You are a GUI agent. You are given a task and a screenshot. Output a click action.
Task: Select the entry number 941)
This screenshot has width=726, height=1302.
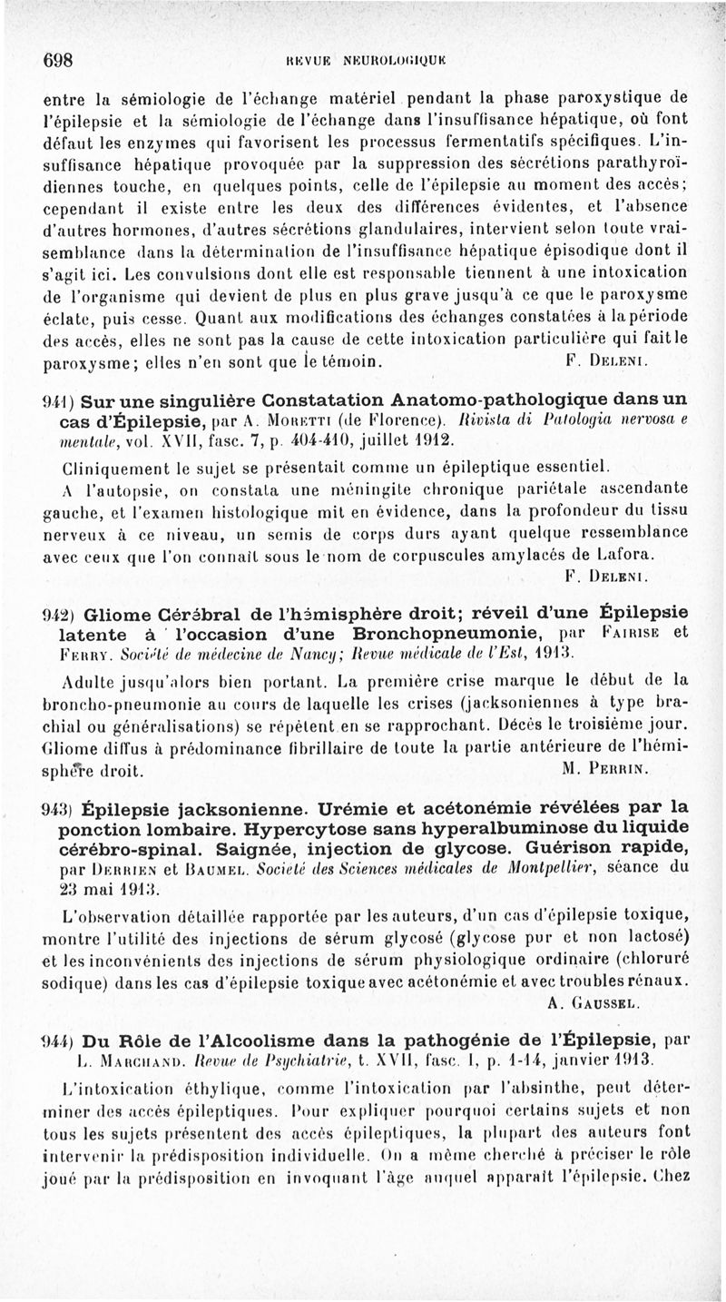[62, 399]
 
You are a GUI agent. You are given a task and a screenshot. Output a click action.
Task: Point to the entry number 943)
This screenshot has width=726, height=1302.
[62, 806]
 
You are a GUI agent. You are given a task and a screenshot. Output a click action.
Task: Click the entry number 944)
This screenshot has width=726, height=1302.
[62, 1039]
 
